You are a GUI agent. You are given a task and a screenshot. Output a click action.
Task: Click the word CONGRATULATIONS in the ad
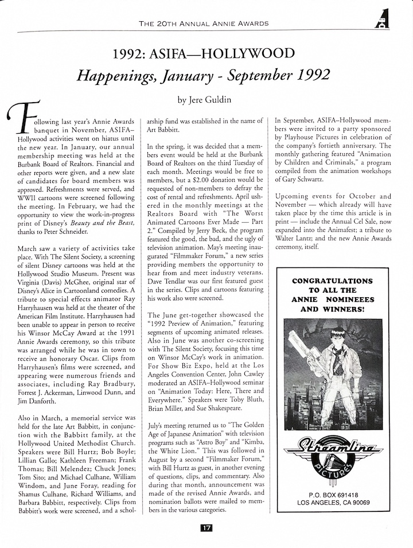point(333,281)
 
